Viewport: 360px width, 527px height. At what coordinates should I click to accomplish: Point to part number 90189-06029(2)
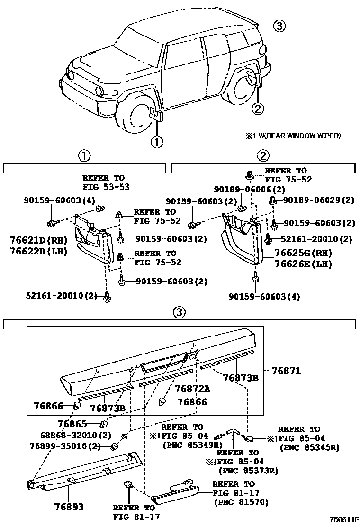(x=318, y=200)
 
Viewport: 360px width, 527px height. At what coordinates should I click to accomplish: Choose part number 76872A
(x=193, y=388)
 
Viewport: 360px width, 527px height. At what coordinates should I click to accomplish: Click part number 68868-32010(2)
(x=69, y=435)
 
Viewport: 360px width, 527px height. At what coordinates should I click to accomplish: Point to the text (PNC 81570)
(x=241, y=502)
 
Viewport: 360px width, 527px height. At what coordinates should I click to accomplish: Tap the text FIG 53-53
(x=106, y=187)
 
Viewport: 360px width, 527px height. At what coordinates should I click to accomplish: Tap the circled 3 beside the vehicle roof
(x=279, y=26)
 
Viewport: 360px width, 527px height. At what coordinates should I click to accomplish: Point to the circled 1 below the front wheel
(x=157, y=141)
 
